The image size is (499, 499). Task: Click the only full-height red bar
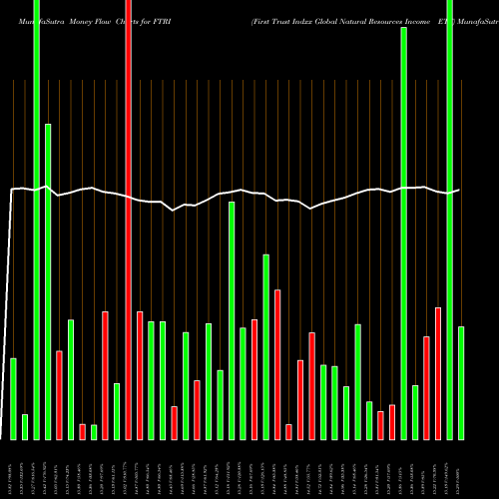[x=128, y=220]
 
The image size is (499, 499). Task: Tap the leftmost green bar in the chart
[x=13, y=398]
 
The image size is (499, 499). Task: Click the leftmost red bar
[x=59, y=394]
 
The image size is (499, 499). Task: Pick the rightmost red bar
[x=438, y=373]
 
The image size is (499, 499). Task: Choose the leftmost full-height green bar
[x=36, y=220]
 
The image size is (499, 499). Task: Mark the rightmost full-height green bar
[x=450, y=220]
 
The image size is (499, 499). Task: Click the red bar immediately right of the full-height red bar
[x=140, y=375]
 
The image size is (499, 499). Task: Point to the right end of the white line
[x=459, y=190]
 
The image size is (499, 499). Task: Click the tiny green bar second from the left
[x=25, y=426]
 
